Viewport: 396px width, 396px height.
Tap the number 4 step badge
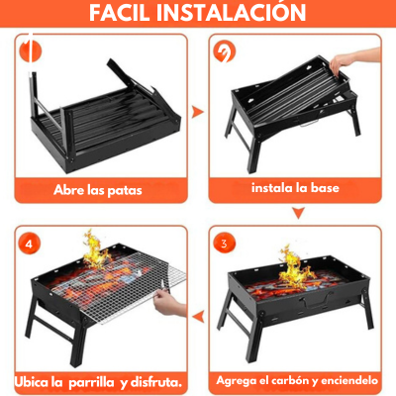point(30,243)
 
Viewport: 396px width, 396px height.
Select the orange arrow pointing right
point(197,113)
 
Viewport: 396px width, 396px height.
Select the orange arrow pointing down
point(297,213)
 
